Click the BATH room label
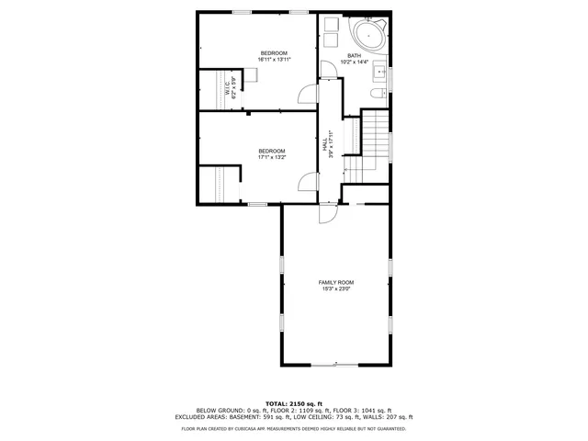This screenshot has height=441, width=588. (354, 55)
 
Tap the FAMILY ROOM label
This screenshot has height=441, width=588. (336, 282)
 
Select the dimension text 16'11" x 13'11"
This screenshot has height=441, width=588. (274, 60)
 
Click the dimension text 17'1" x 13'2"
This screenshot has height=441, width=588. (271, 157)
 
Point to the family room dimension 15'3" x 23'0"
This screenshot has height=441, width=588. (336, 289)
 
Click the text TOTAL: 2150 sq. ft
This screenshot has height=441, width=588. (293, 403)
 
